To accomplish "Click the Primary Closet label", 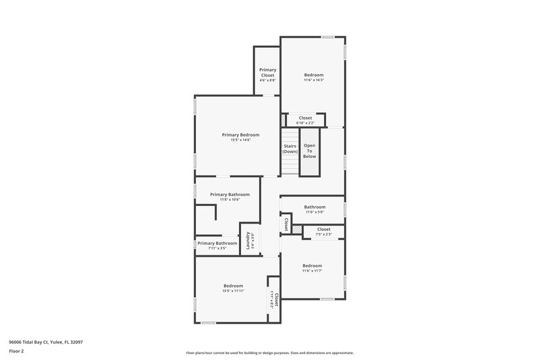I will tap(267, 72).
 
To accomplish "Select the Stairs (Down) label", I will tap(290, 149).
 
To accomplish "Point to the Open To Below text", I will tap(309, 151).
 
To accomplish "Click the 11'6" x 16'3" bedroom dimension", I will tap(314, 80).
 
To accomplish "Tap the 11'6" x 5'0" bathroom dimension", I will tap(315, 212).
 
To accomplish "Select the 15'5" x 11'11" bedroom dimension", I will tap(233, 291).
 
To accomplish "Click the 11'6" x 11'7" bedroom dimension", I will tap(312, 271).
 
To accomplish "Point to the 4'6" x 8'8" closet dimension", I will tap(267, 80).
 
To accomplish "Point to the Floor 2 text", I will tap(16, 351).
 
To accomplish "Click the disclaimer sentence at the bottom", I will tap(269, 353).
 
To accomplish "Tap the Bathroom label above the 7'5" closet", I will tap(315, 207).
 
